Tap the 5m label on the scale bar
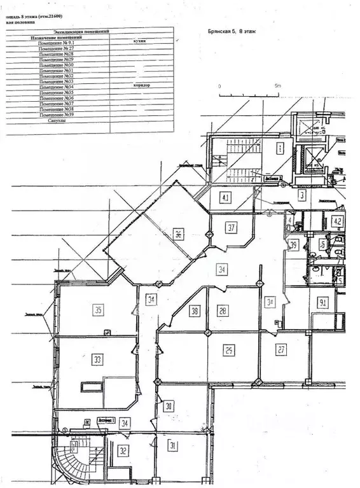277,85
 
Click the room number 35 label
98,310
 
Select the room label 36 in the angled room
179,234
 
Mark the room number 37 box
232,227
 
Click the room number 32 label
123,450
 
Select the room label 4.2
337,222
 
